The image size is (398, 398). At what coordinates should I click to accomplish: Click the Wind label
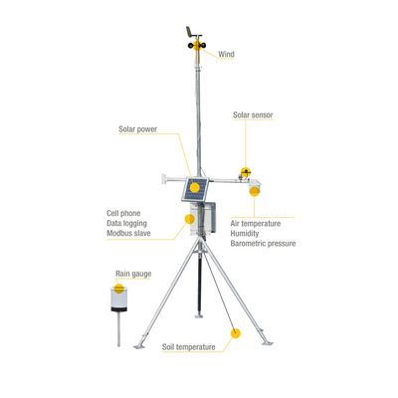tap(226, 54)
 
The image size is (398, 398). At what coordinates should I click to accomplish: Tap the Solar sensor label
tap(253, 115)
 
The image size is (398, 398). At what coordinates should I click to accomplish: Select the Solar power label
tap(137, 129)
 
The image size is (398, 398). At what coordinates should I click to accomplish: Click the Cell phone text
tap(123, 213)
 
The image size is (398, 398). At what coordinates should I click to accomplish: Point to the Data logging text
tap(126, 223)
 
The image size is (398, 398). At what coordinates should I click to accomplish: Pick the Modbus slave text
tap(128, 233)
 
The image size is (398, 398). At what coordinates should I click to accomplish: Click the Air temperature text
tap(256, 224)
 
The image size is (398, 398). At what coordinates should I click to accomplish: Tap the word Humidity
tap(245, 234)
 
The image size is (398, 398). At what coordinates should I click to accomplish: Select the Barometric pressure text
tap(263, 244)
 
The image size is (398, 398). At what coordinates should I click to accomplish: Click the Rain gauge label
tap(133, 274)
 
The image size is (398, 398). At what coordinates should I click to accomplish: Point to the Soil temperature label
tap(189, 347)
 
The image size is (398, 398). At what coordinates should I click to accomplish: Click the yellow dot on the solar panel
tap(195, 188)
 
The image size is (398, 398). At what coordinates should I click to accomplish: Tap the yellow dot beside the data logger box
tap(190, 219)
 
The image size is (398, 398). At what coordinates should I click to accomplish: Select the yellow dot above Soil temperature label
tap(235, 333)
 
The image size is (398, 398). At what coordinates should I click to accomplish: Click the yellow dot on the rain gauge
tap(119, 289)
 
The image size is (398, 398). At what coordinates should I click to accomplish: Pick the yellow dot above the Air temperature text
tap(255, 191)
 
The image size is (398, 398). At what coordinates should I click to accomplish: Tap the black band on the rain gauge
tap(119, 309)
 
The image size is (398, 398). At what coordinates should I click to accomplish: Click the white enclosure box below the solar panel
tap(203, 218)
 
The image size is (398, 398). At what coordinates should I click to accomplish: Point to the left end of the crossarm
tap(163, 179)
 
